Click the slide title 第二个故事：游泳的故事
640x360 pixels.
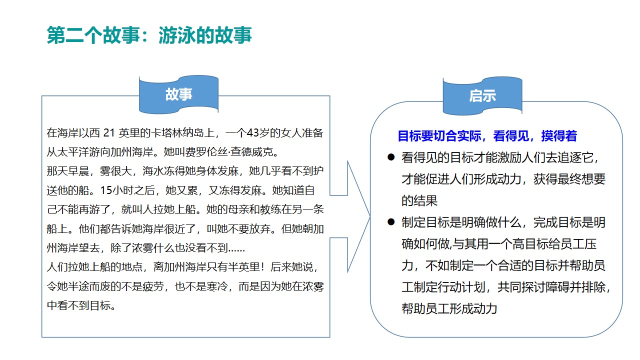149,36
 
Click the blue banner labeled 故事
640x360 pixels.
178,94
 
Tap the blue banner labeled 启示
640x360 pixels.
482,96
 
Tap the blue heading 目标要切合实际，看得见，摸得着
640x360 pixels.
487,136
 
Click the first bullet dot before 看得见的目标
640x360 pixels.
391,157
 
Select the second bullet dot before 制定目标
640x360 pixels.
391,222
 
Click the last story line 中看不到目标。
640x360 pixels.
81,305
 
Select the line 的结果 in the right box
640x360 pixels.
419,200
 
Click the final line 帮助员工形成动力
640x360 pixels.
449,308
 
